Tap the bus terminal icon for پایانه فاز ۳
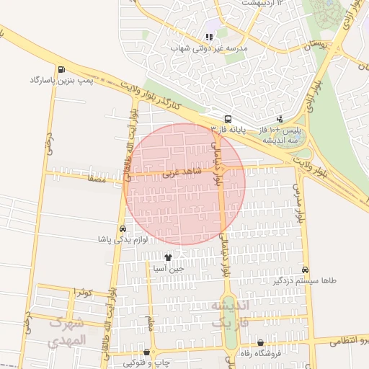[x=228, y=119]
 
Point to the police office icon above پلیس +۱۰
[x=280, y=119]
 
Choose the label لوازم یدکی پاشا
[x=123, y=239]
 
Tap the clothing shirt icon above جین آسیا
[x=169, y=257]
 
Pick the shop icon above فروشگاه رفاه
[x=260, y=343]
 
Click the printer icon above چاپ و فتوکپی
[x=147, y=353]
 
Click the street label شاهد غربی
[x=180, y=174]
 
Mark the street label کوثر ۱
[x=84, y=292]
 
